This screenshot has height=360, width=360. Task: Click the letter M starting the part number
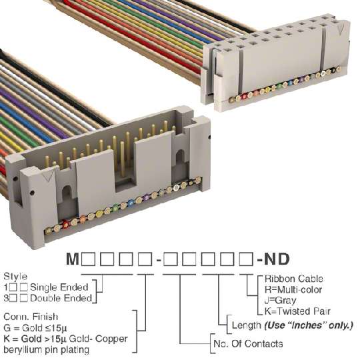coord(73,259)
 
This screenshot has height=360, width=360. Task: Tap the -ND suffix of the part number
coord(273,259)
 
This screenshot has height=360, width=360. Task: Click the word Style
coord(15,277)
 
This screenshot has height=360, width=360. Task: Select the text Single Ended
coord(59,287)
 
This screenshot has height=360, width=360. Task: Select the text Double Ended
coord(61,298)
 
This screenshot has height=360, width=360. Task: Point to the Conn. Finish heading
coord(31,317)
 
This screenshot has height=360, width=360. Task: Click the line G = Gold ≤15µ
coord(35,328)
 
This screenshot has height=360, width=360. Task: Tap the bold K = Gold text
coord(23,339)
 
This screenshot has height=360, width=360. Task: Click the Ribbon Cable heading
coord(294,279)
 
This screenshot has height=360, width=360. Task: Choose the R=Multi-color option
coord(293,289)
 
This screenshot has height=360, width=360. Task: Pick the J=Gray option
coord(281,301)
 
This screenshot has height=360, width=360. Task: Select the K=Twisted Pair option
coord(297,311)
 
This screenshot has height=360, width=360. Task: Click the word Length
coord(247,325)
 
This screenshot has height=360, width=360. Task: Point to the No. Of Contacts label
coord(248,344)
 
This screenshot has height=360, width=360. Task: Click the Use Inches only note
coord(309,325)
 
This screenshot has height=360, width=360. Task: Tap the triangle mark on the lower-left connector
coord(49,175)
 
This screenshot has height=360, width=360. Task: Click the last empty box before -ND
coord(246,259)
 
